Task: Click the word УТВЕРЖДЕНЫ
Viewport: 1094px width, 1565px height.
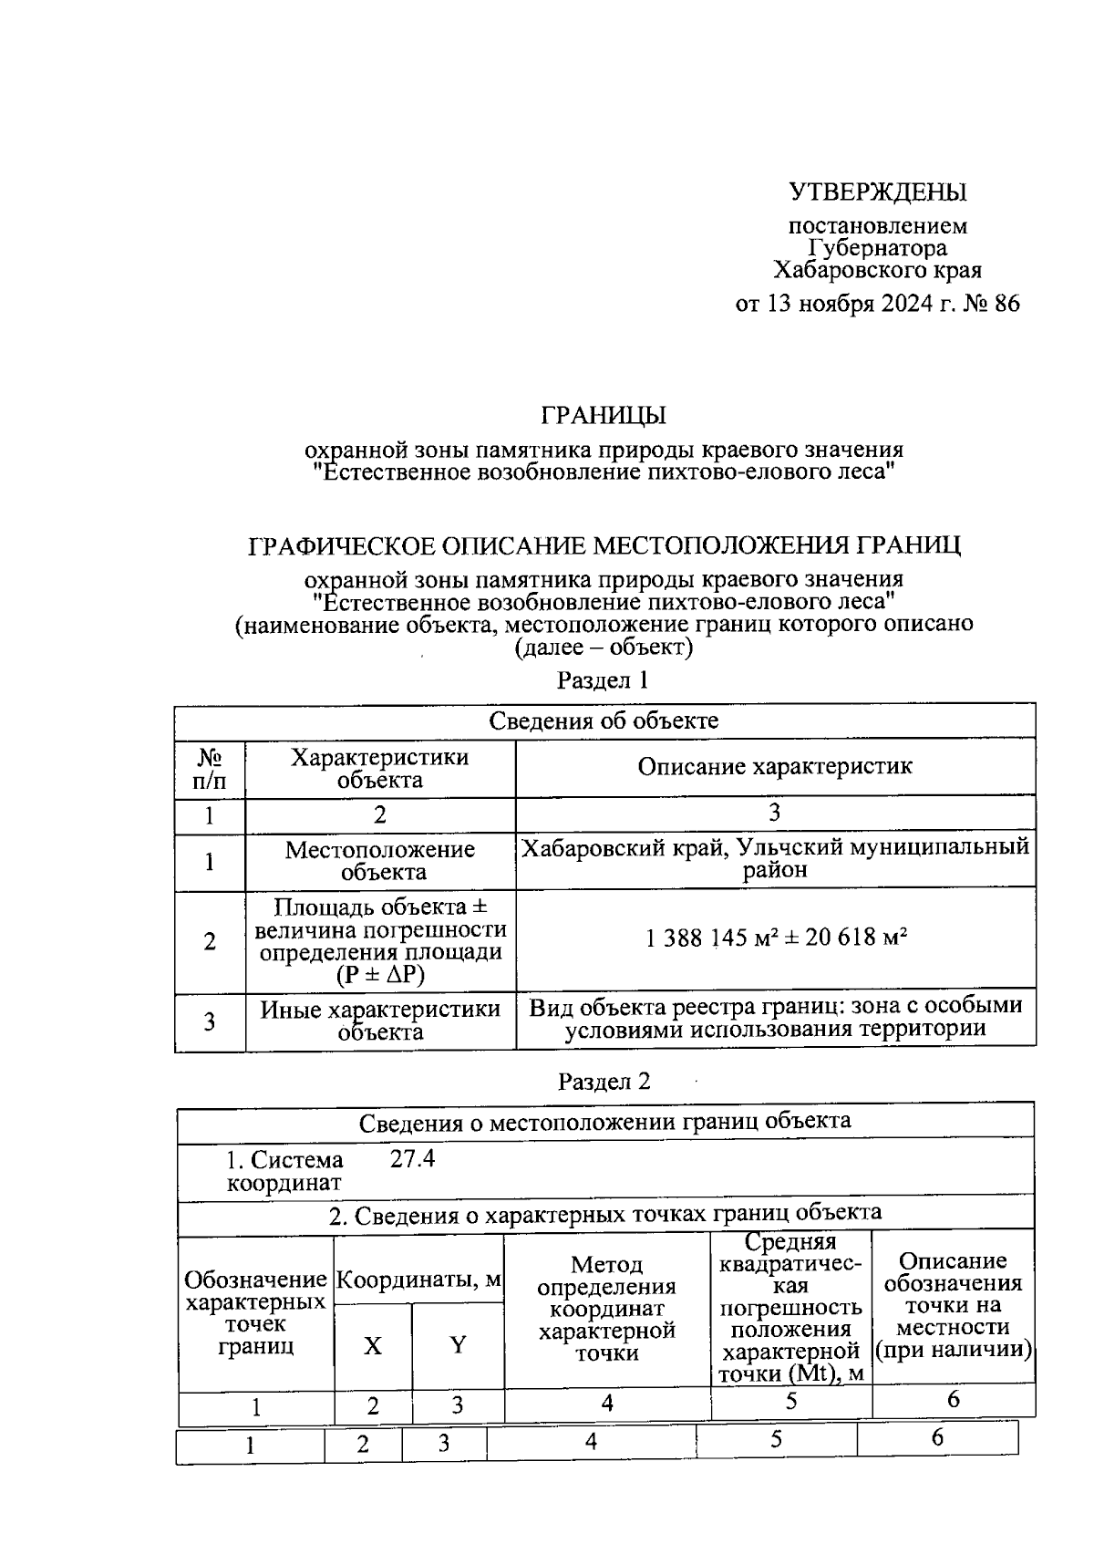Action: pyautogui.click(x=877, y=192)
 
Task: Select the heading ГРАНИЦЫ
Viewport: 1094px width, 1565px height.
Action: pyautogui.click(x=604, y=416)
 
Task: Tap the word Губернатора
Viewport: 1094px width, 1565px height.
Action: pyautogui.click(x=877, y=248)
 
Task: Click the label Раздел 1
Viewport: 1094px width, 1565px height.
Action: pyautogui.click(x=603, y=680)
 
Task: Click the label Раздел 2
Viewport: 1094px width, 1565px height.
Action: pyautogui.click(x=604, y=1082)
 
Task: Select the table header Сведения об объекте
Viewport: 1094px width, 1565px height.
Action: pyautogui.click(x=604, y=720)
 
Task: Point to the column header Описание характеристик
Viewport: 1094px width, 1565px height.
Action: pyautogui.click(x=774, y=767)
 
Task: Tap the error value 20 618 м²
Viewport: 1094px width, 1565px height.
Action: pyautogui.click(x=855, y=938)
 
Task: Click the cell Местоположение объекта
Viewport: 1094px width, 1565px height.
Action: pyautogui.click(x=379, y=861)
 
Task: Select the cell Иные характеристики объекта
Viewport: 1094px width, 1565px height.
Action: pyautogui.click(x=379, y=1021)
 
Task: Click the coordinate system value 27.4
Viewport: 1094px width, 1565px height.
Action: pyautogui.click(x=413, y=1159)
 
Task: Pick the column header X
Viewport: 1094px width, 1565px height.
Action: pyautogui.click(x=373, y=1346)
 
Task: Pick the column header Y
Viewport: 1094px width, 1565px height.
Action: pyautogui.click(x=458, y=1346)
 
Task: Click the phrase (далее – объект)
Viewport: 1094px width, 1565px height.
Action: pyautogui.click(x=604, y=648)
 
